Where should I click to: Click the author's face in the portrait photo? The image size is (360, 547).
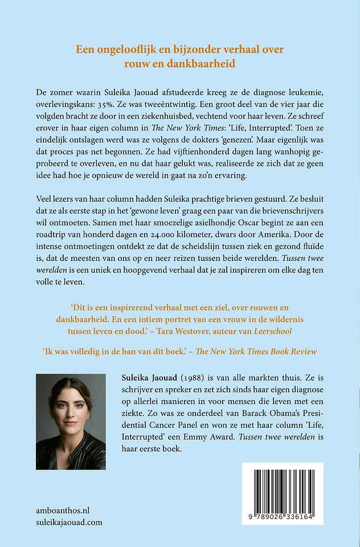point(70,411)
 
